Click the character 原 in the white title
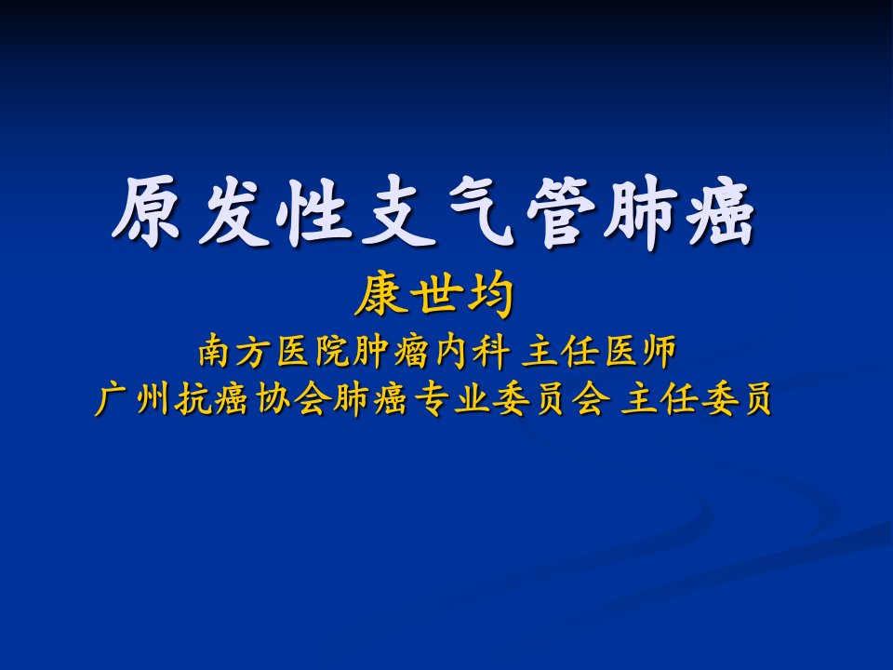point(147,211)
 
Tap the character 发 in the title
point(232,211)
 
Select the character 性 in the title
point(313,211)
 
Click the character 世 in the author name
point(434,295)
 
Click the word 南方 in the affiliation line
point(234,351)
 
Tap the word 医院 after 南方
point(313,351)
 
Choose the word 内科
point(472,351)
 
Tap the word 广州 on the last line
point(131,398)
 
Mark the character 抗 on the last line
point(192,398)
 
